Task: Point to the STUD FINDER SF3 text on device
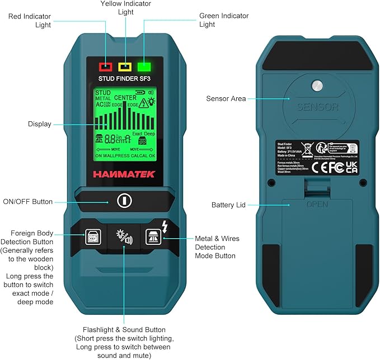[x=124, y=79]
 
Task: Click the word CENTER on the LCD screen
[x=125, y=98]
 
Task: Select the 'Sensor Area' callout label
[x=226, y=99]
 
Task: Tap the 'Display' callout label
[x=40, y=124]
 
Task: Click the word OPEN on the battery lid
[x=317, y=205]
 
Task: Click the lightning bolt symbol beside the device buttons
[x=163, y=226]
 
